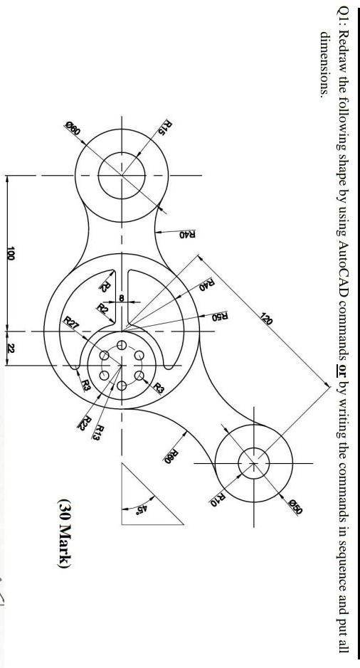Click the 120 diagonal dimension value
266,319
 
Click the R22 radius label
86,423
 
